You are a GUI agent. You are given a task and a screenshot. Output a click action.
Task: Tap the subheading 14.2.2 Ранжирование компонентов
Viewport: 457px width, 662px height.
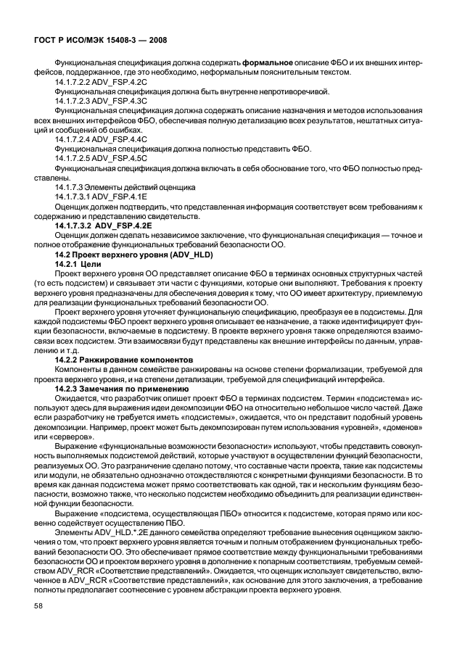coord(125,359)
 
